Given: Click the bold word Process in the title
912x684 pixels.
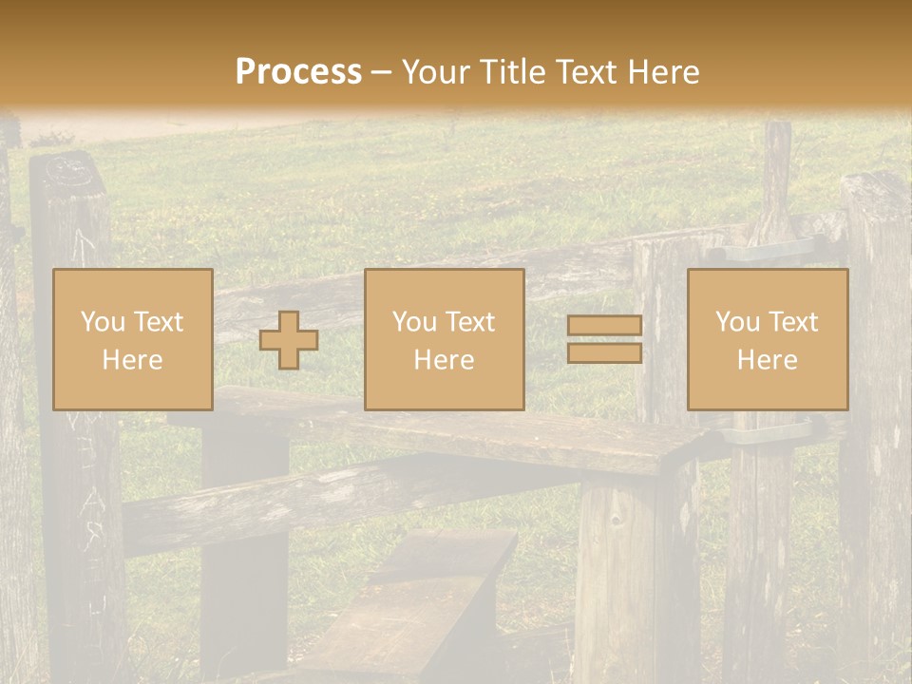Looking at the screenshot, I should (x=298, y=72).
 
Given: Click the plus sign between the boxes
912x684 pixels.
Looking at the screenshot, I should (x=289, y=340).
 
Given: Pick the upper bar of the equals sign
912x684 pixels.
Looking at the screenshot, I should (x=604, y=326).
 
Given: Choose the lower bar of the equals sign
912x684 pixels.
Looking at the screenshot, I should (x=604, y=353).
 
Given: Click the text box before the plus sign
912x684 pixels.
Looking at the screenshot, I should (x=132, y=339).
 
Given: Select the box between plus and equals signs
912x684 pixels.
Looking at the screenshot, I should (x=444, y=339).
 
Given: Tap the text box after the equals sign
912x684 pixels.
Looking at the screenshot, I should (x=767, y=339).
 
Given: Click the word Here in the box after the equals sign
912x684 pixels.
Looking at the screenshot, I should (x=767, y=360).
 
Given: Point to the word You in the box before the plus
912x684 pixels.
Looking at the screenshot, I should (x=102, y=322).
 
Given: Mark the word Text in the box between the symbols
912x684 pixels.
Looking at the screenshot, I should (x=470, y=322).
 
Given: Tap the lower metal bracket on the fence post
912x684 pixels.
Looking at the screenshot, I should (x=768, y=432).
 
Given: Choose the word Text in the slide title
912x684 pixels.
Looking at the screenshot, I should (x=583, y=72).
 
